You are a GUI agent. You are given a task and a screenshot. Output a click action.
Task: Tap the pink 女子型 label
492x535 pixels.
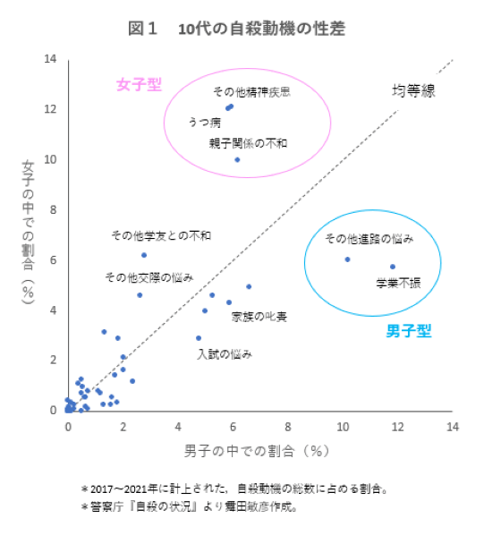[x=139, y=85]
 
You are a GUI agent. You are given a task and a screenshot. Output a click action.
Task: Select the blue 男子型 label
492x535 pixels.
[x=409, y=331]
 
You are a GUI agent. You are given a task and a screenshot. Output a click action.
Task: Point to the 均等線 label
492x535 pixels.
[x=413, y=90]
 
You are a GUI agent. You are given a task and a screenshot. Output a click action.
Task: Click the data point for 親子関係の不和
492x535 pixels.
[x=237, y=160]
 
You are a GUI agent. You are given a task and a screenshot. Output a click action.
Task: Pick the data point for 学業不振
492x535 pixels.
[x=393, y=267]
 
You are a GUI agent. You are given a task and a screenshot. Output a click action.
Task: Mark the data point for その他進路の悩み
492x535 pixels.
[x=348, y=259]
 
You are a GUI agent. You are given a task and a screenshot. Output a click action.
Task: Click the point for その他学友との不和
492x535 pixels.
[x=144, y=255]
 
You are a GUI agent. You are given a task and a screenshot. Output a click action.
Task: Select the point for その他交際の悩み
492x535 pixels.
[x=140, y=295]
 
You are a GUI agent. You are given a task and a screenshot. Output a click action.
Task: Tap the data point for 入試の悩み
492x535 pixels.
[x=199, y=338]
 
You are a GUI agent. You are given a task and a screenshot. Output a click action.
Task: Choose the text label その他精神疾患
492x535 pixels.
[x=251, y=92]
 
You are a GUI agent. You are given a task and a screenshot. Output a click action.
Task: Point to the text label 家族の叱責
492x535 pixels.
[x=259, y=317]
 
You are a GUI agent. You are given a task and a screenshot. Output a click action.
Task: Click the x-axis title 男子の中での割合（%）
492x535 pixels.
[x=259, y=449]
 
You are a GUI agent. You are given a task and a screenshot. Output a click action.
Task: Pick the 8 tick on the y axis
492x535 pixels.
[x=53, y=210]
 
